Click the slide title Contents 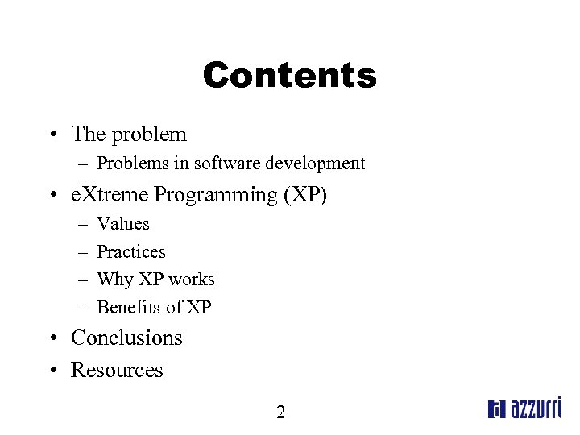(289, 76)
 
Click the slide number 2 (280, 412)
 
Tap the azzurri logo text (534, 408)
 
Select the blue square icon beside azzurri (495, 410)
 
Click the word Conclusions (126, 338)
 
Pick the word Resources (117, 370)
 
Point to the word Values (122, 223)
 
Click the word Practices (130, 251)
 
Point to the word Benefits (129, 307)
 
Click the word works (193, 280)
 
